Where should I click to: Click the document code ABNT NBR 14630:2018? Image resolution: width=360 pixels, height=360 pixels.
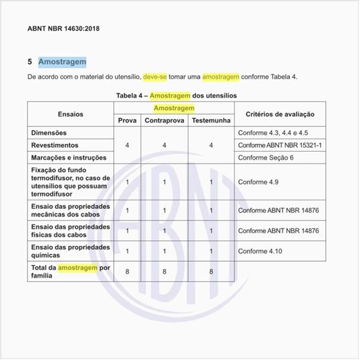click(63, 29)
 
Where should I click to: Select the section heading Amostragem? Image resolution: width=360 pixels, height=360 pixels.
click(62, 62)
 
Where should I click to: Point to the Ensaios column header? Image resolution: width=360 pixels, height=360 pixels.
click(71, 114)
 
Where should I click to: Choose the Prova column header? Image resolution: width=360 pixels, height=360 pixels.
click(127, 121)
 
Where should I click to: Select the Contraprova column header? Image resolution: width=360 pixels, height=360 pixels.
click(164, 121)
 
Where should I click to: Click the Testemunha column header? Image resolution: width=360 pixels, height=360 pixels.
click(211, 121)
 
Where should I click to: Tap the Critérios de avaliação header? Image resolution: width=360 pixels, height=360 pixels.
click(279, 114)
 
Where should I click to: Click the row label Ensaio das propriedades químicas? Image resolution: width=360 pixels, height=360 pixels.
click(70, 251)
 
